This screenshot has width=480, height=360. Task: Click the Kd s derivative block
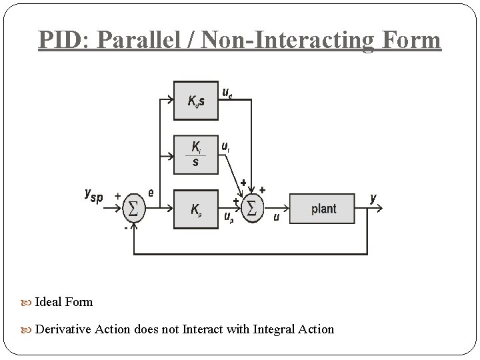pos(195,100)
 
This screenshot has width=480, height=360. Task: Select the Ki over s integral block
pos(195,154)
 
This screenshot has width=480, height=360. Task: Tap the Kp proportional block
pos(195,209)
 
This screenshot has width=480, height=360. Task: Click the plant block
pos(323,209)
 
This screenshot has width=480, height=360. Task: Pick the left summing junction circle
pos(133,209)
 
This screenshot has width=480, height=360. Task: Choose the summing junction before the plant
pos(251,209)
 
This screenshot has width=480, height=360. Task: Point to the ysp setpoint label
pos(93,195)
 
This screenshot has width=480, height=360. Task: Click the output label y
pos(373,198)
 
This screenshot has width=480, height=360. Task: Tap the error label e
pos(151,193)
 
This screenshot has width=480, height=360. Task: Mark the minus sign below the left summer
pos(124,228)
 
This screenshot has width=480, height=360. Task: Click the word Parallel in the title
pos(142,40)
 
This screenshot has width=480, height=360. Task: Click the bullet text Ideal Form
pos(63,301)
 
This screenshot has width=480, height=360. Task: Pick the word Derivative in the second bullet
pos(63,329)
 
